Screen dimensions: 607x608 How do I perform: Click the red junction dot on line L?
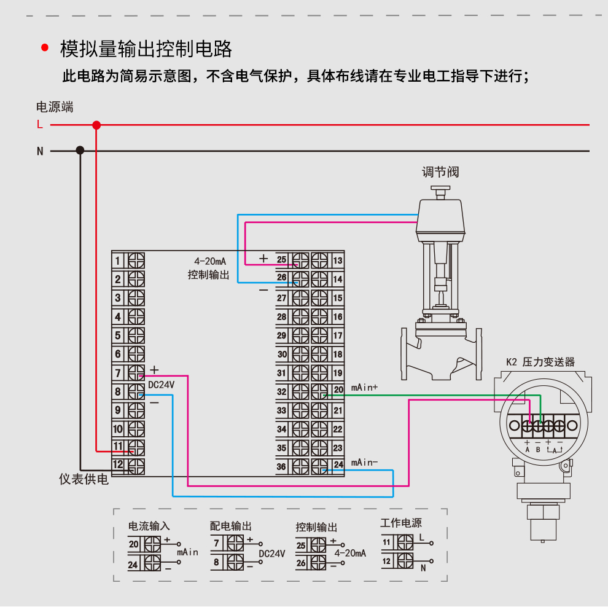96,125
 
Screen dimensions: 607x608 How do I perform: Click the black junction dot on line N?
80,151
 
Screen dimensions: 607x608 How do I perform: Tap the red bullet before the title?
44,49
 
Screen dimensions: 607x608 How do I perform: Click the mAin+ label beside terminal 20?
364,388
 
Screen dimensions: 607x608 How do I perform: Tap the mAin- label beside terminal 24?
364,463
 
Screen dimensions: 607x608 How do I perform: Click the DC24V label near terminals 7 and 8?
162,384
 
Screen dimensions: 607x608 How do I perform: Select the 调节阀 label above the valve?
440,172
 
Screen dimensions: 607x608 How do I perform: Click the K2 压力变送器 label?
540,362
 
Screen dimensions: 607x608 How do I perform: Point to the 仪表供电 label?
84,479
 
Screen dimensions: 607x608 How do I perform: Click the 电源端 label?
55,107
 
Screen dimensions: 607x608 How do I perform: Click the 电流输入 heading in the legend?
149,526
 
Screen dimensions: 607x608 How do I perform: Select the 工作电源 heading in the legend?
401,523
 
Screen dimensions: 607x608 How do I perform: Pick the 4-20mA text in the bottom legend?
350,553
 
